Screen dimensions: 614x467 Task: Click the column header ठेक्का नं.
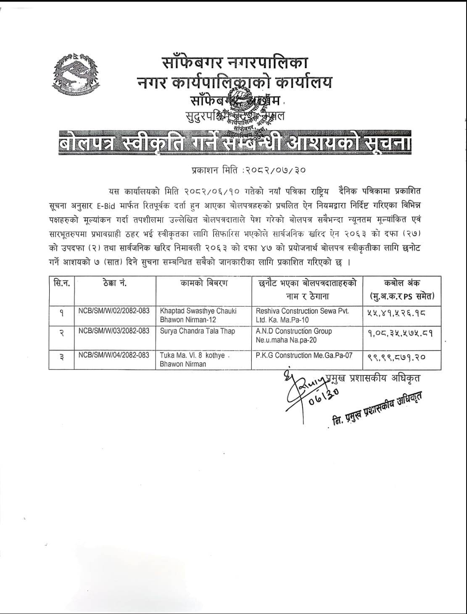click(114, 283)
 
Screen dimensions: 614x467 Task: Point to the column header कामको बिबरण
click(204, 283)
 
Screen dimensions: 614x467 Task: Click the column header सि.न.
click(61, 283)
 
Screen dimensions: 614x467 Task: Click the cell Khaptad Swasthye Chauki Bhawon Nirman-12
click(198, 315)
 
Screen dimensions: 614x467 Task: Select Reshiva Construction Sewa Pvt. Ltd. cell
click(303, 315)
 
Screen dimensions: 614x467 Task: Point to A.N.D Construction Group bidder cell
click(294, 335)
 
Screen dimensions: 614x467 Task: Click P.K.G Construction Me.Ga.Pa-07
click(304, 355)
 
